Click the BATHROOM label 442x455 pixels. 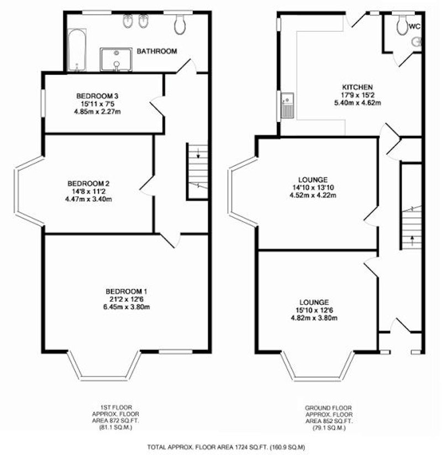[156, 51]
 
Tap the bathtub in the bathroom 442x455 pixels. [77, 50]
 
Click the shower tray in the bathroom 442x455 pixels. [116, 60]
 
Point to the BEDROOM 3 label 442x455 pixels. [97, 96]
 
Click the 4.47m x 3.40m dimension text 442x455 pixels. [88, 199]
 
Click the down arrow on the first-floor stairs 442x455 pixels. [198, 153]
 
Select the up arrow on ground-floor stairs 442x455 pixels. [412, 240]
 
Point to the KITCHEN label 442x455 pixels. [357, 87]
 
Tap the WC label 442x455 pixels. [414, 27]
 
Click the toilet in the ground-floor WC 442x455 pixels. [403, 25]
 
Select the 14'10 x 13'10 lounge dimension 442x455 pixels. [313, 187]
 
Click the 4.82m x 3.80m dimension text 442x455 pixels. [314, 318]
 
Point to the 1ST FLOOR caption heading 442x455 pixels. [116, 407]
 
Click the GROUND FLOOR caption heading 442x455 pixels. [328, 408]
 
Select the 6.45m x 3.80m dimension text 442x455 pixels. [127, 307]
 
